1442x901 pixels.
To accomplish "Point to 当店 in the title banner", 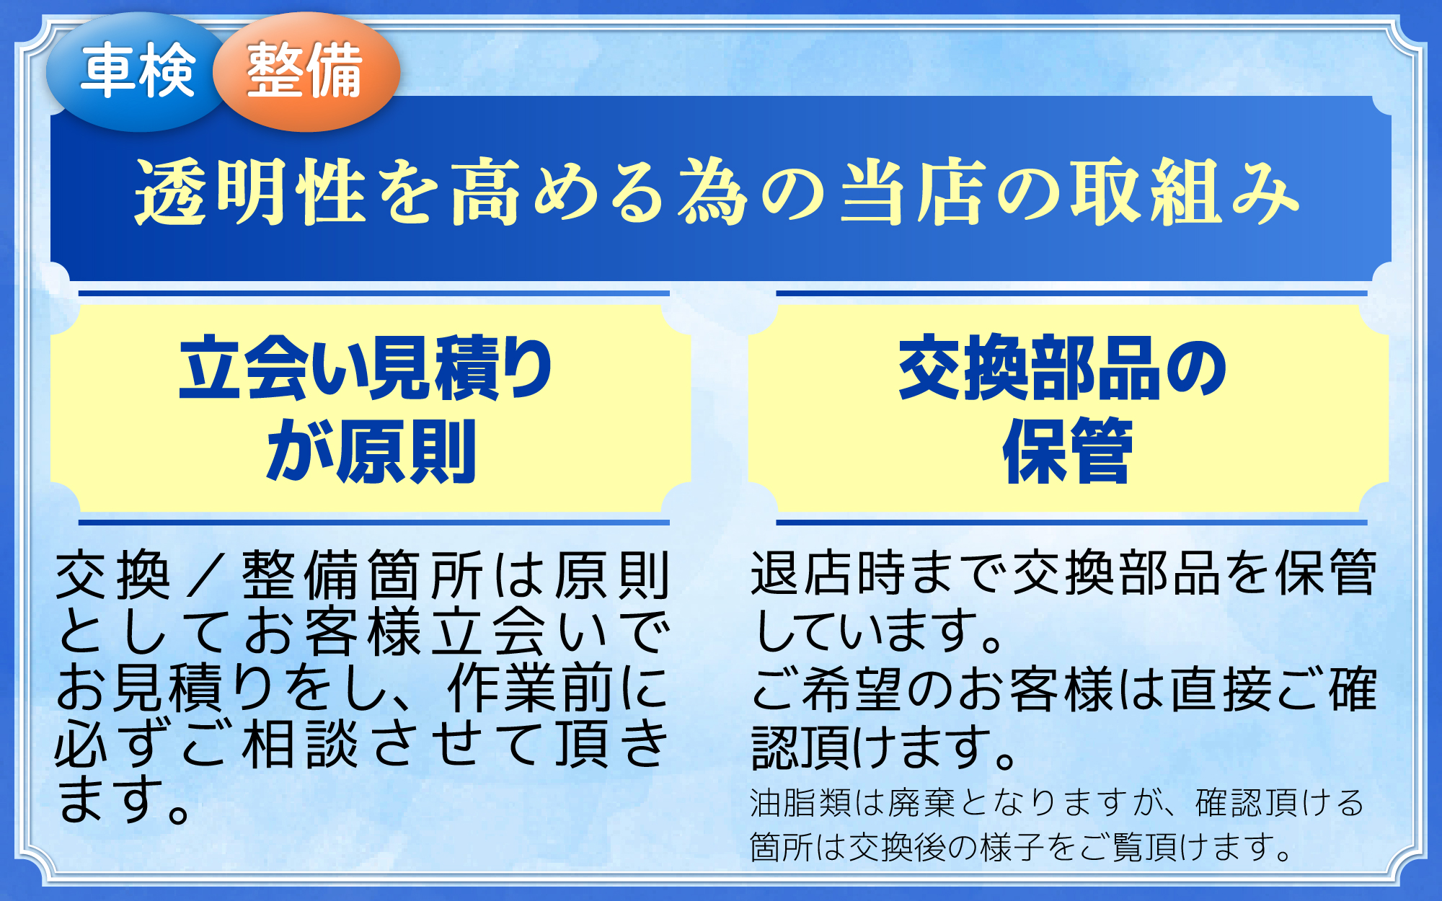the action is tap(913, 192).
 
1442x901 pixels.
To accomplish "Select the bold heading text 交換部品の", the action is tap(1063, 368).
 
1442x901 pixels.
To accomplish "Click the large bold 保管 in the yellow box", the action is tap(1067, 451).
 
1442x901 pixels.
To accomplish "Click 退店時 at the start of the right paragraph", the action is tap(828, 574).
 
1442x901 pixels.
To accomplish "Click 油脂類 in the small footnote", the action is tap(801, 803).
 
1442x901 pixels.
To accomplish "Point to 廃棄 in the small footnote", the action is tap(922, 803).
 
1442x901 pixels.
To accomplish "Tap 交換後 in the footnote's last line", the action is tap(897, 847).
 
